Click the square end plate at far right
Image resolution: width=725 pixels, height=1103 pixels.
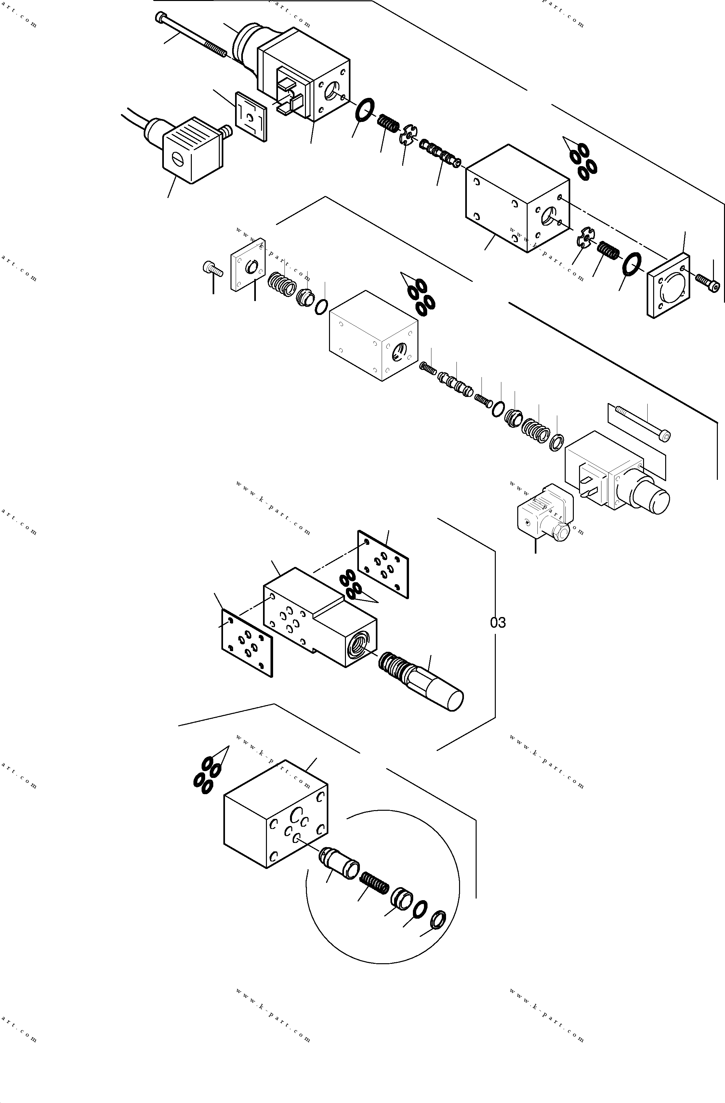668,286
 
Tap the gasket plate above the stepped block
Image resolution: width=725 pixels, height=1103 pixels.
383,564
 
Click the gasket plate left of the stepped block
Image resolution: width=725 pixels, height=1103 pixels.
247,643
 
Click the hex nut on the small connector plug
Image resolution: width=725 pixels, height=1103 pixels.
560,533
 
